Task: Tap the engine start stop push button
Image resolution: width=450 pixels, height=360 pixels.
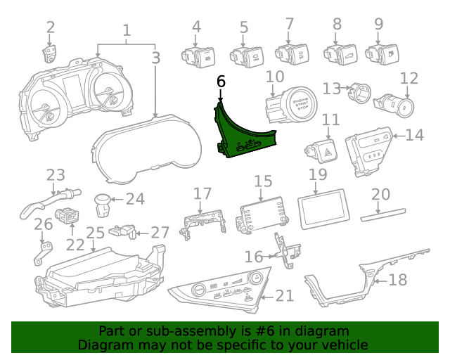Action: click(290, 105)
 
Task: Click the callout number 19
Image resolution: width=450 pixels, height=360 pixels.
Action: click(318, 174)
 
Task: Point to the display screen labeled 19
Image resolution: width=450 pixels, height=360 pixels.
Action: click(324, 209)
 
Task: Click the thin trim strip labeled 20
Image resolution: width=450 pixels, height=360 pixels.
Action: click(383, 214)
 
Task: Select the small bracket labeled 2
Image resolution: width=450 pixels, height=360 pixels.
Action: click(49, 53)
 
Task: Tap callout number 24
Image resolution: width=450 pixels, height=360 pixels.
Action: click(135, 199)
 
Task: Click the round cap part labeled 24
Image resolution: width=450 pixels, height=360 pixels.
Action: click(103, 205)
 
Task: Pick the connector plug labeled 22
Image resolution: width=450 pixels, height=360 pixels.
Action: click(67, 215)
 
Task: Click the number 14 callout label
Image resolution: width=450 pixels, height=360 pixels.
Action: click(414, 135)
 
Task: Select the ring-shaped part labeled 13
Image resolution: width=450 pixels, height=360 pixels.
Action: click(359, 92)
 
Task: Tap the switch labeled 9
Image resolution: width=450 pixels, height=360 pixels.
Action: click(382, 54)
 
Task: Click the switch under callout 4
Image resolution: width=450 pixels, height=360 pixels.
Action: click(198, 57)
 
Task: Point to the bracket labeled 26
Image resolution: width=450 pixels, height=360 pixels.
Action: click(44, 252)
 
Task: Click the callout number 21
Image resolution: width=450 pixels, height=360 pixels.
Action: click(285, 296)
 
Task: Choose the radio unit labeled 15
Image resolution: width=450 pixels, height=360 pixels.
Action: click(262, 214)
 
